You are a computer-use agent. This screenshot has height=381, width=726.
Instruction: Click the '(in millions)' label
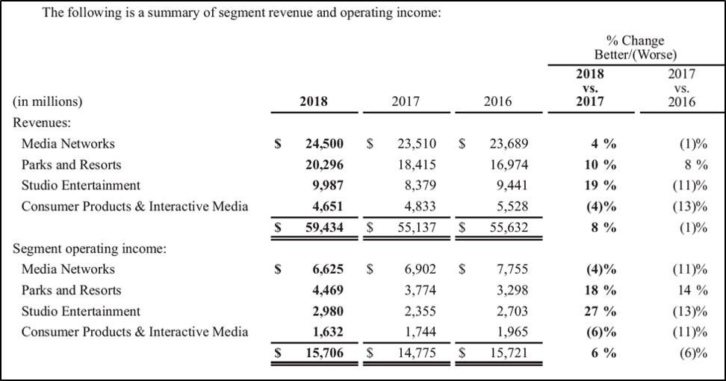(x=47, y=102)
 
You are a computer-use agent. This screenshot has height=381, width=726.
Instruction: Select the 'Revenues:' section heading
(x=42, y=123)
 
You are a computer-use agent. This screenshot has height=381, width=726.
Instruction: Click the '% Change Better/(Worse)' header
(x=635, y=48)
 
